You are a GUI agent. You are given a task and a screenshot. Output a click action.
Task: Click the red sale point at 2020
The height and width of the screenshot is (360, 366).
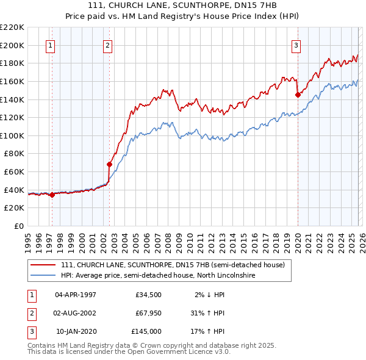click(x=298, y=95)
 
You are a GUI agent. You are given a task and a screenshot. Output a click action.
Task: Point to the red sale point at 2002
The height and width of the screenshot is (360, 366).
click(x=109, y=164)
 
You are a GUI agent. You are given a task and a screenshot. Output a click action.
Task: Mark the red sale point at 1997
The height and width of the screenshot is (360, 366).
click(x=52, y=195)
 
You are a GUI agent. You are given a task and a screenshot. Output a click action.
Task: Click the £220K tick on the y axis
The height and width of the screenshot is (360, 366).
click(x=12, y=27)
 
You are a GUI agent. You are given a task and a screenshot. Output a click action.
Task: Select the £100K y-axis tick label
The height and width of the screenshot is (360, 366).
click(x=12, y=135)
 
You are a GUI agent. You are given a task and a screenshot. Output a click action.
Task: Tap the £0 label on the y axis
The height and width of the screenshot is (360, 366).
click(x=19, y=226)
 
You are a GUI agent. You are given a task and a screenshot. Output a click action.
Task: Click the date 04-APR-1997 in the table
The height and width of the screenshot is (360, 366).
click(x=75, y=295)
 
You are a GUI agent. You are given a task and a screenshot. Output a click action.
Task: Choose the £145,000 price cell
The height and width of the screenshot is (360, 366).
click(x=146, y=331)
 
